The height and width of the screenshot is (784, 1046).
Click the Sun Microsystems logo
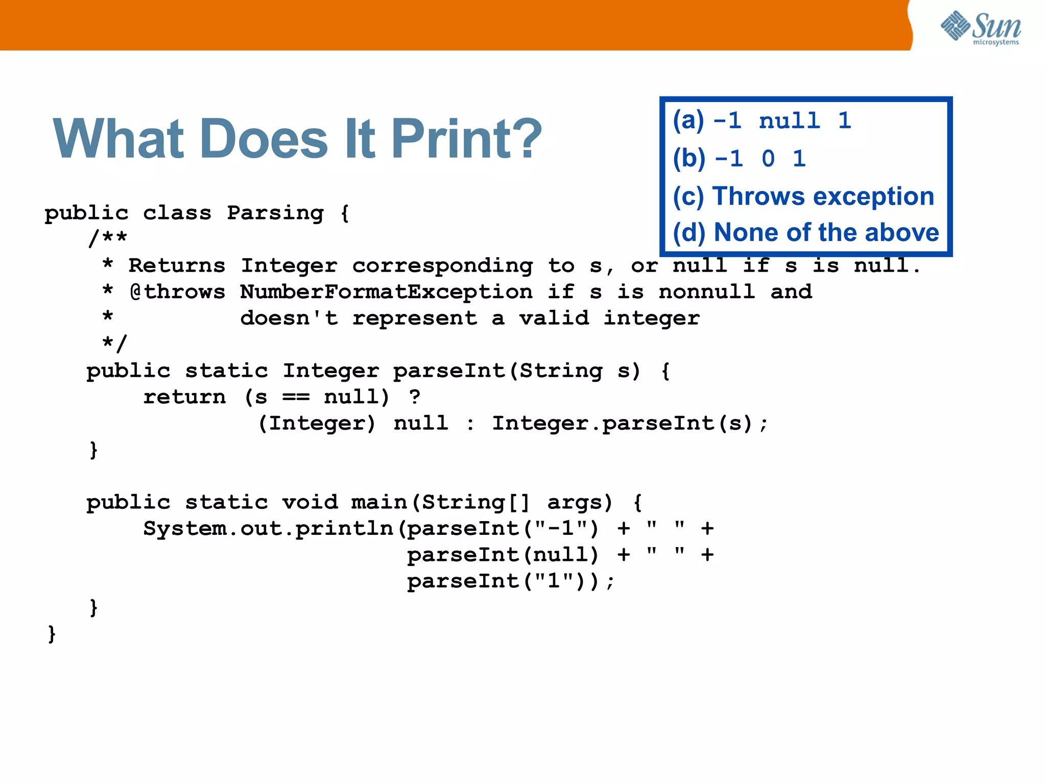(x=981, y=28)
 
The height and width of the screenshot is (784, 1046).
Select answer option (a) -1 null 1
(x=762, y=121)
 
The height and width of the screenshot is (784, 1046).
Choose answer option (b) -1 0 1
(x=739, y=158)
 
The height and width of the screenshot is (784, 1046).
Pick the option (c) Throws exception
(x=803, y=196)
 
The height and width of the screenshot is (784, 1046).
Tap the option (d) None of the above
(x=805, y=233)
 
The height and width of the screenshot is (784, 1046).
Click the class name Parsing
(x=275, y=213)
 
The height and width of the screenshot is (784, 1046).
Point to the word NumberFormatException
(x=386, y=292)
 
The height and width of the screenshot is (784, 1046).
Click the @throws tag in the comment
(x=177, y=292)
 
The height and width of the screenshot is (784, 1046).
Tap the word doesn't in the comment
(x=289, y=318)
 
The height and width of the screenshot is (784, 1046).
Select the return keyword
(x=184, y=397)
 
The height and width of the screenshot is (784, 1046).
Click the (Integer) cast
(x=317, y=424)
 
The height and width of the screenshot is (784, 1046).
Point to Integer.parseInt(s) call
(x=622, y=424)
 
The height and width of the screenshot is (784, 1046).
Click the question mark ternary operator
(x=415, y=397)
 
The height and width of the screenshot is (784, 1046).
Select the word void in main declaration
(x=310, y=503)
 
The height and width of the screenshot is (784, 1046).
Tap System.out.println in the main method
(x=268, y=529)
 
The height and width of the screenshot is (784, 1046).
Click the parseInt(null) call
(x=503, y=555)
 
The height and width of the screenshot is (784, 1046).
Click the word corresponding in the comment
(x=442, y=266)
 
